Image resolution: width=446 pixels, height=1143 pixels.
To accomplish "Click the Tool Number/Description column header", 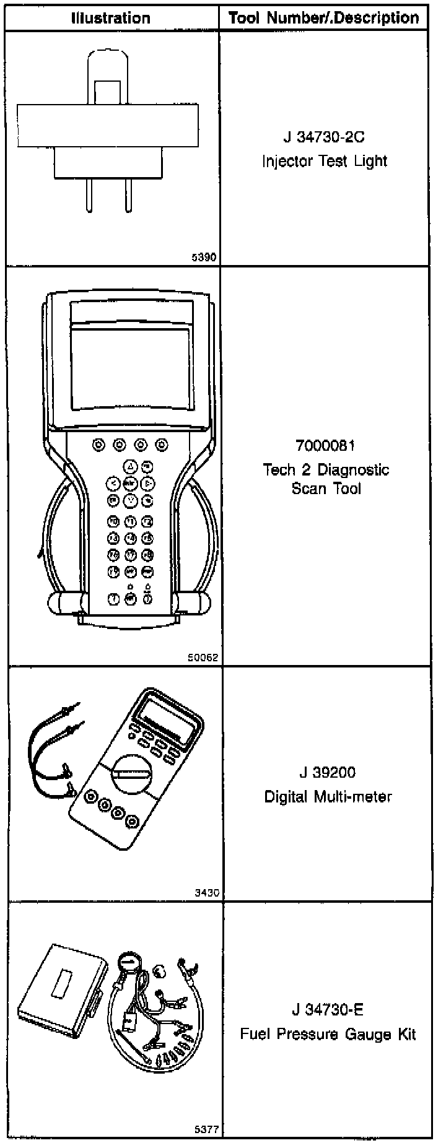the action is [324, 18].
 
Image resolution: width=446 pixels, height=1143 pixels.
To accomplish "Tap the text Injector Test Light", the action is [325, 162].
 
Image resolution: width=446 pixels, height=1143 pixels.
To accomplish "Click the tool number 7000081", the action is [326, 446].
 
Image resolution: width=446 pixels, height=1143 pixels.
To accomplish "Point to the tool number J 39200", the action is [327, 773].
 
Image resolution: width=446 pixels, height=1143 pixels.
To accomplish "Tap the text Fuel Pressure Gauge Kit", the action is [328, 1035].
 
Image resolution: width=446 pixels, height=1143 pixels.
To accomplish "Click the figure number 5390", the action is [205, 257].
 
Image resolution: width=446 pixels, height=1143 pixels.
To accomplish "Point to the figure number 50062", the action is [203, 658].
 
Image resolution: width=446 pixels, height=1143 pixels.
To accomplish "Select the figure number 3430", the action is [206, 893].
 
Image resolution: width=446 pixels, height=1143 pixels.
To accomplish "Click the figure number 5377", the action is [206, 1129].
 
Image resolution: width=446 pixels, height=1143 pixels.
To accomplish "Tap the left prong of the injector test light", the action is [89, 195].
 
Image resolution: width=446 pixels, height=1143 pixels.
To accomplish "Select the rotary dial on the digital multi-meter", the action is [129, 773].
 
